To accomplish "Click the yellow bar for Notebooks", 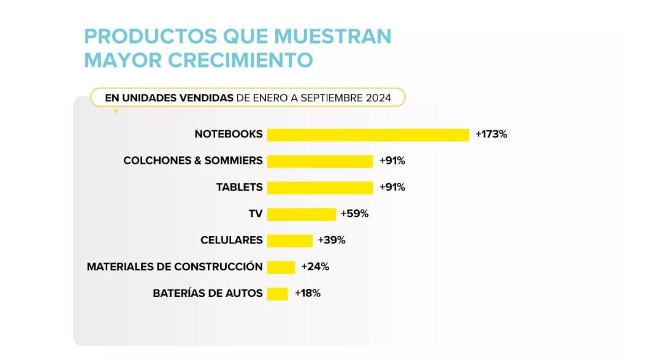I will point(368,134).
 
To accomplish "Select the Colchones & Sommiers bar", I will point(320,161).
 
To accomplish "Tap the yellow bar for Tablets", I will point(320,187).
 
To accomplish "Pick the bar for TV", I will point(302,214).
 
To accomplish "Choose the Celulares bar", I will point(289,240).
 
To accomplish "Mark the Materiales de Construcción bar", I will point(281,267).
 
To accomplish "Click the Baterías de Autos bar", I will point(277,293).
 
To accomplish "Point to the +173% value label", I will point(491,134).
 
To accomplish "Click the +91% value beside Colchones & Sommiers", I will point(392,161).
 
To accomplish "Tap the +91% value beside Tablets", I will point(392,187).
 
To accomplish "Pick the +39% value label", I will point(332,240).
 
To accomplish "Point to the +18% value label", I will point(308,293).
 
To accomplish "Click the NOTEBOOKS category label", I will point(229,134).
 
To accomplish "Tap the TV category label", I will point(256,214).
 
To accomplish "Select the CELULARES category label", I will point(232,240).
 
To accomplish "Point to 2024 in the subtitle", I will point(386,98).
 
